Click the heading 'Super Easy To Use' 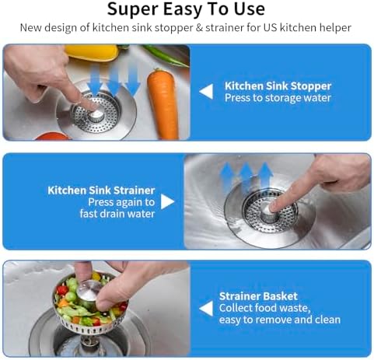click(x=187, y=9)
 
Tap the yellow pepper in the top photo click(x=91, y=52)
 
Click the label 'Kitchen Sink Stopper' click(x=278, y=86)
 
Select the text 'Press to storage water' click(x=278, y=98)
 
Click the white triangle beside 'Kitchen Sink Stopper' click(x=206, y=92)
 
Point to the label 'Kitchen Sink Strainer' click(x=101, y=190)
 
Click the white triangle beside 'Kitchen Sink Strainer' click(x=168, y=201)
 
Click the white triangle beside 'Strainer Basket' click(x=206, y=309)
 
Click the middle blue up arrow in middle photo click(x=246, y=177)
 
